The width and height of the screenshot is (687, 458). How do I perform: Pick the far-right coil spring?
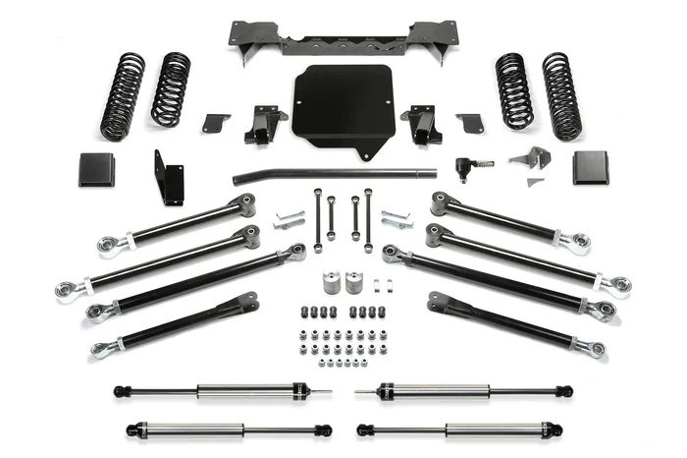point(562,95)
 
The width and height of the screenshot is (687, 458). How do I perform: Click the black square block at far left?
point(96,169)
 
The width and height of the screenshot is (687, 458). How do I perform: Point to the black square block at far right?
point(591,168)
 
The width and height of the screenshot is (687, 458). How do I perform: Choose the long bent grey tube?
point(334,175)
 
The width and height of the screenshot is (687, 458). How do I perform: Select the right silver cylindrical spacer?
point(353,282)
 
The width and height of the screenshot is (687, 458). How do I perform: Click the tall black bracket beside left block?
point(168,178)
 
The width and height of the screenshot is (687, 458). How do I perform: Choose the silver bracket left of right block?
point(531,159)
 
